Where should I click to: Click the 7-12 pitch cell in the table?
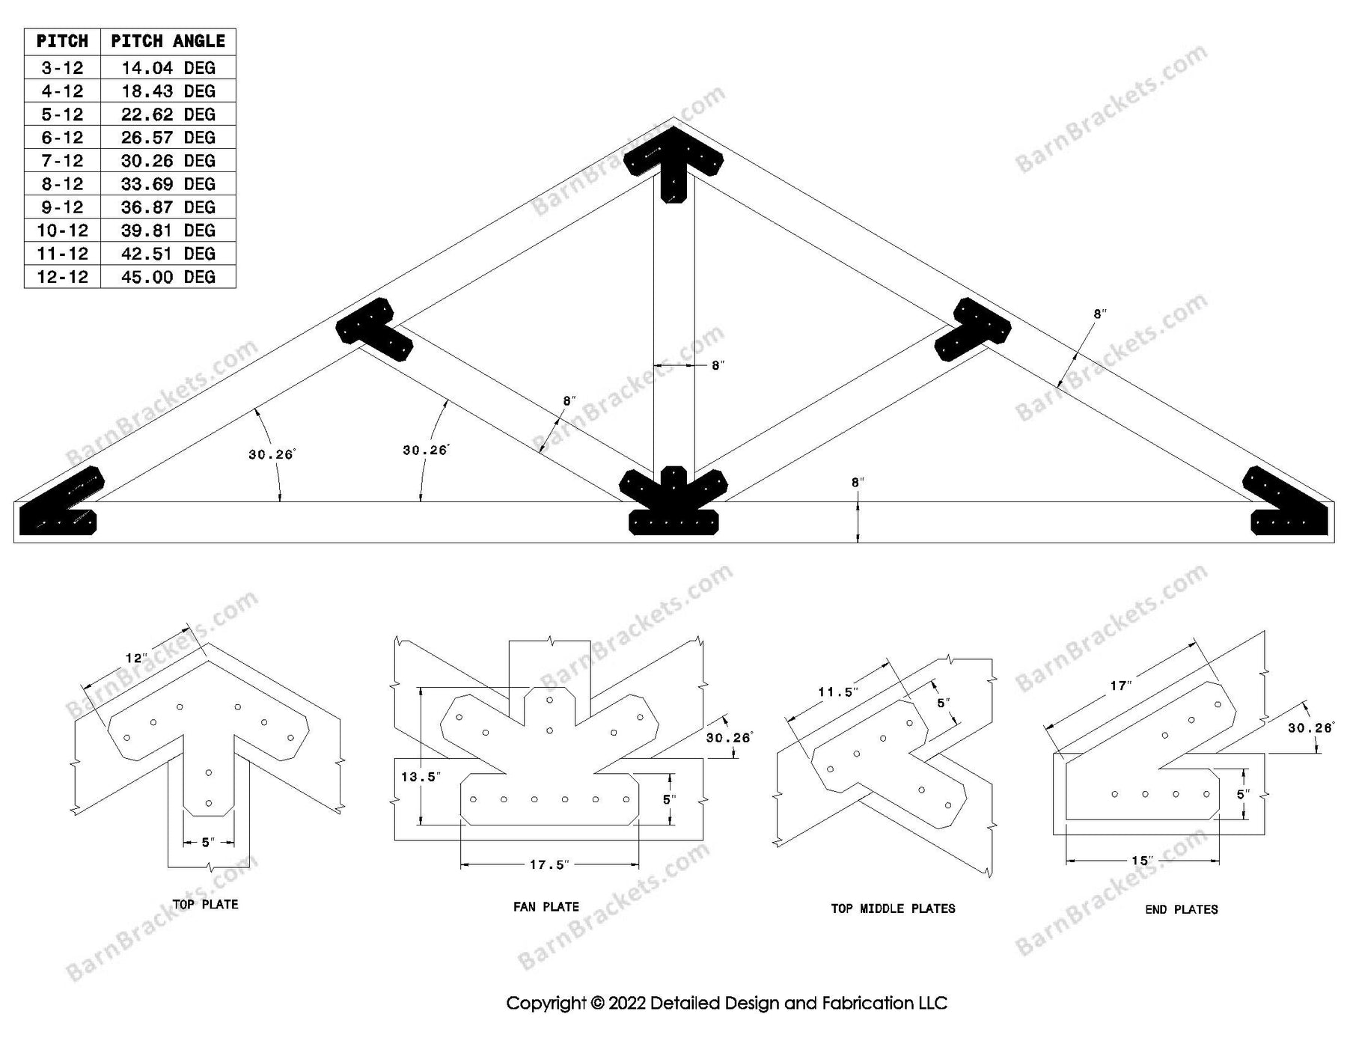click(x=62, y=161)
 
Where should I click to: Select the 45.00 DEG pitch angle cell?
click(x=168, y=277)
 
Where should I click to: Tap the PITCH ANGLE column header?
click(x=168, y=41)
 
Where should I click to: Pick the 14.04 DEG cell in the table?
click(x=168, y=68)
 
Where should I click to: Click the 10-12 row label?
click(x=62, y=231)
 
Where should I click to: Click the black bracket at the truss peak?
click(x=673, y=161)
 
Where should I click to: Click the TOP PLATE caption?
click(x=205, y=904)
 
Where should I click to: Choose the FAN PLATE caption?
click(x=546, y=906)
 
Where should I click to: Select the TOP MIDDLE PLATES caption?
click(x=893, y=909)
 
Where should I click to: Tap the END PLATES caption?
click(x=1181, y=909)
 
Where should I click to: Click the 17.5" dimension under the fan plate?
click(x=549, y=864)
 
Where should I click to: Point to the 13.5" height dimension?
click(x=419, y=777)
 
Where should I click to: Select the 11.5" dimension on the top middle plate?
click(x=836, y=692)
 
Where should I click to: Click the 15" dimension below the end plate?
click(x=1140, y=861)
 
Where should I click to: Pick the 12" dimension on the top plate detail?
click(x=135, y=659)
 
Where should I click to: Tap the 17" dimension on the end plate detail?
click(x=1120, y=686)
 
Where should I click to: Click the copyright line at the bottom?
click(x=726, y=1003)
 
